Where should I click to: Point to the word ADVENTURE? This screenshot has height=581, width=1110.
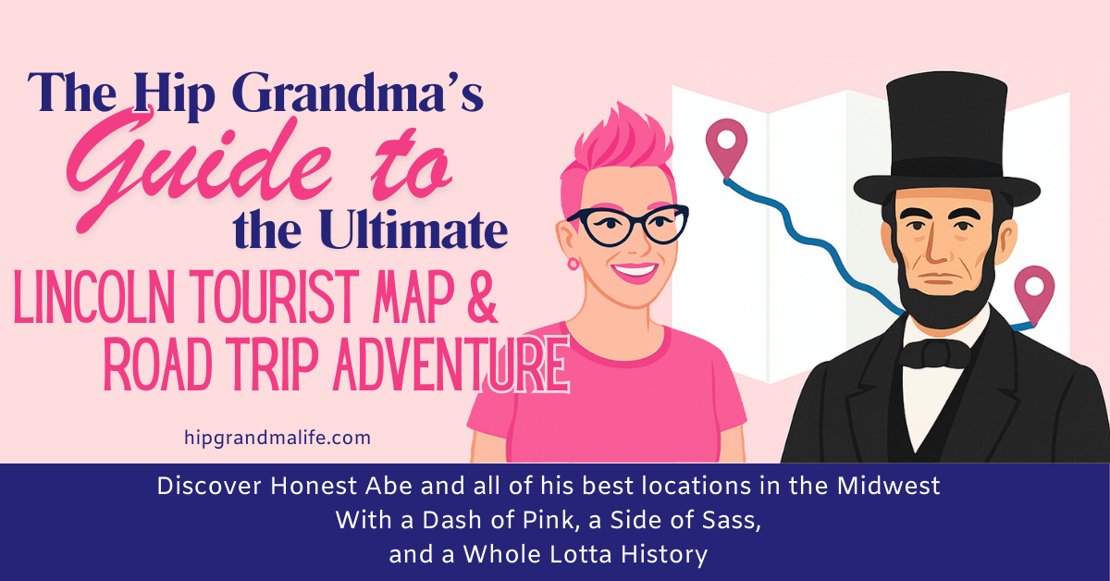[x=436, y=365]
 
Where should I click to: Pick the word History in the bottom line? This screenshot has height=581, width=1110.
[x=663, y=554]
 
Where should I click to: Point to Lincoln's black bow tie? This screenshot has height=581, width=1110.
[x=935, y=354]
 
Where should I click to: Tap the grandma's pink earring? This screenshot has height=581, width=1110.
[x=573, y=264]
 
